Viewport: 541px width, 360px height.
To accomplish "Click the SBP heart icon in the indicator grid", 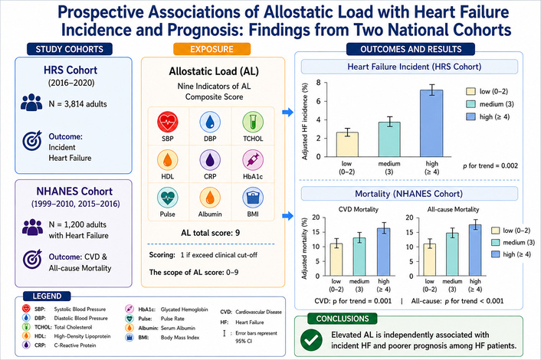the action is click(168, 122).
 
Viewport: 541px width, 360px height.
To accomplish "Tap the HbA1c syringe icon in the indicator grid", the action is click(253, 160).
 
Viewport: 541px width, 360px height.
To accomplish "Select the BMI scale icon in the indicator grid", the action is click(253, 198).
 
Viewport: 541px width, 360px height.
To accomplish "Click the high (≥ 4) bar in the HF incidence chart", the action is click(431, 123).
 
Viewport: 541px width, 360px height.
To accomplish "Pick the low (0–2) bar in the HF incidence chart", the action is click(347, 145).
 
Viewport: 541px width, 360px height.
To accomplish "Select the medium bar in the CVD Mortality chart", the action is click(359, 257).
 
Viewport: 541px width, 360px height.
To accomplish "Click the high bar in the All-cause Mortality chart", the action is click(475, 250).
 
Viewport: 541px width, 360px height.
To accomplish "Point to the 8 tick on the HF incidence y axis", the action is click(318, 83).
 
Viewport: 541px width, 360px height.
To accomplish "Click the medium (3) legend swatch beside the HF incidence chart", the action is click(471, 104).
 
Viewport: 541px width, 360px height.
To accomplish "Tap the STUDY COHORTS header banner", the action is click(70, 49).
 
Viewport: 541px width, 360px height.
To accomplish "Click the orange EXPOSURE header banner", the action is click(211, 49).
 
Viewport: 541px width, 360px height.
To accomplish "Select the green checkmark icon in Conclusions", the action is click(311, 340).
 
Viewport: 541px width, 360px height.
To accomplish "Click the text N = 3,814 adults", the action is click(77, 104).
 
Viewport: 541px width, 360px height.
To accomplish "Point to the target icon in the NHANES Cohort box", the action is click(32, 259).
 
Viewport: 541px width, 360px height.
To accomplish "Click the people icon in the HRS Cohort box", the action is click(31, 102).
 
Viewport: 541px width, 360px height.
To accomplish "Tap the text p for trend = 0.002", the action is click(490, 166).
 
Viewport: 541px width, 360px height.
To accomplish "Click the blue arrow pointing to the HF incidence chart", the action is click(288, 112).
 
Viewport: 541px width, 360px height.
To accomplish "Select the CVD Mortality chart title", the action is click(358, 209).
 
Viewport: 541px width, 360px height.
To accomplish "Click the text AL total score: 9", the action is click(211, 233).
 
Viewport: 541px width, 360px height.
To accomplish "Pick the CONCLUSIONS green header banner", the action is click(343, 319).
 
